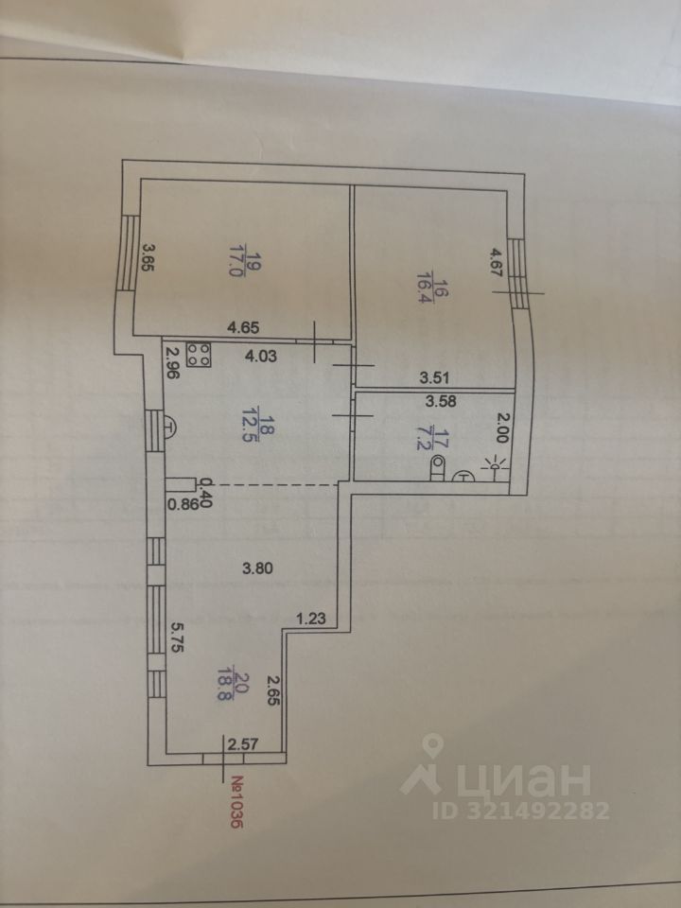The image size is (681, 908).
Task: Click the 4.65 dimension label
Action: tap(243, 328)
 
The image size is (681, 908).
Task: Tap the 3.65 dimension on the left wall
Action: tap(147, 257)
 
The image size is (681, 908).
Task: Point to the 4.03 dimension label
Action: tap(261, 358)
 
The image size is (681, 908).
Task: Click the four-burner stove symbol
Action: tap(201, 354)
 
